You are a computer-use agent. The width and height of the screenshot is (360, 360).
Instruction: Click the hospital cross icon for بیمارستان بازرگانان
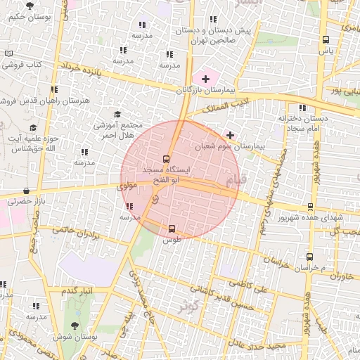coord(205,79)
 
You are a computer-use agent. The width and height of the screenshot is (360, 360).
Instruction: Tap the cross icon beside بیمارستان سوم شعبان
coord(230,134)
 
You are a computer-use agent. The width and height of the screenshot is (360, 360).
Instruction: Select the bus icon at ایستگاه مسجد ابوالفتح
coord(166,158)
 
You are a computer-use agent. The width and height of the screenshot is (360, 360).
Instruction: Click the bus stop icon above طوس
coord(172,228)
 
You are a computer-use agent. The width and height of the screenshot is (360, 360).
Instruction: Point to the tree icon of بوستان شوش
coord(75,325)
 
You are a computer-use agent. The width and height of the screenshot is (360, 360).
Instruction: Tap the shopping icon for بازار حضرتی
coord(27,191)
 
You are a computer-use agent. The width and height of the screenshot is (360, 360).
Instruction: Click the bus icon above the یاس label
coord(325,40)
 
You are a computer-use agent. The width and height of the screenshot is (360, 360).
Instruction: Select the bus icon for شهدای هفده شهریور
coord(310,207)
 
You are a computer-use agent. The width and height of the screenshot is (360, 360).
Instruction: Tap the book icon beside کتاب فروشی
coord(8,53)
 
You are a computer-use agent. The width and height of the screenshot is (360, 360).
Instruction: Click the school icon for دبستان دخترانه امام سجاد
coord(302,108)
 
